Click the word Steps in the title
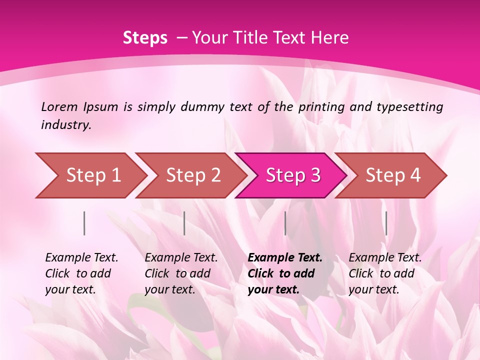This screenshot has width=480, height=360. (145, 38)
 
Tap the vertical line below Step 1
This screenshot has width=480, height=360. (84, 223)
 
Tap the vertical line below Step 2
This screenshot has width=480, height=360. (184, 223)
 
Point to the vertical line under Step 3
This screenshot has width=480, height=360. (285, 223)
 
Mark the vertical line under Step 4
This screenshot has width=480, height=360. (386, 223)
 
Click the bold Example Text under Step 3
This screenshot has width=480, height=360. (285, 273)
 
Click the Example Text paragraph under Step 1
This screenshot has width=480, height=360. (81, 273)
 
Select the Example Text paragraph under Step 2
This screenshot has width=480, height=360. (181, 273)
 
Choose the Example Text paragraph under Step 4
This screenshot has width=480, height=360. (385, 273)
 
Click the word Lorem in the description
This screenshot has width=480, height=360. (59, 107)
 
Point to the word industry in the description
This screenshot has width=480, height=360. (66, 125)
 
